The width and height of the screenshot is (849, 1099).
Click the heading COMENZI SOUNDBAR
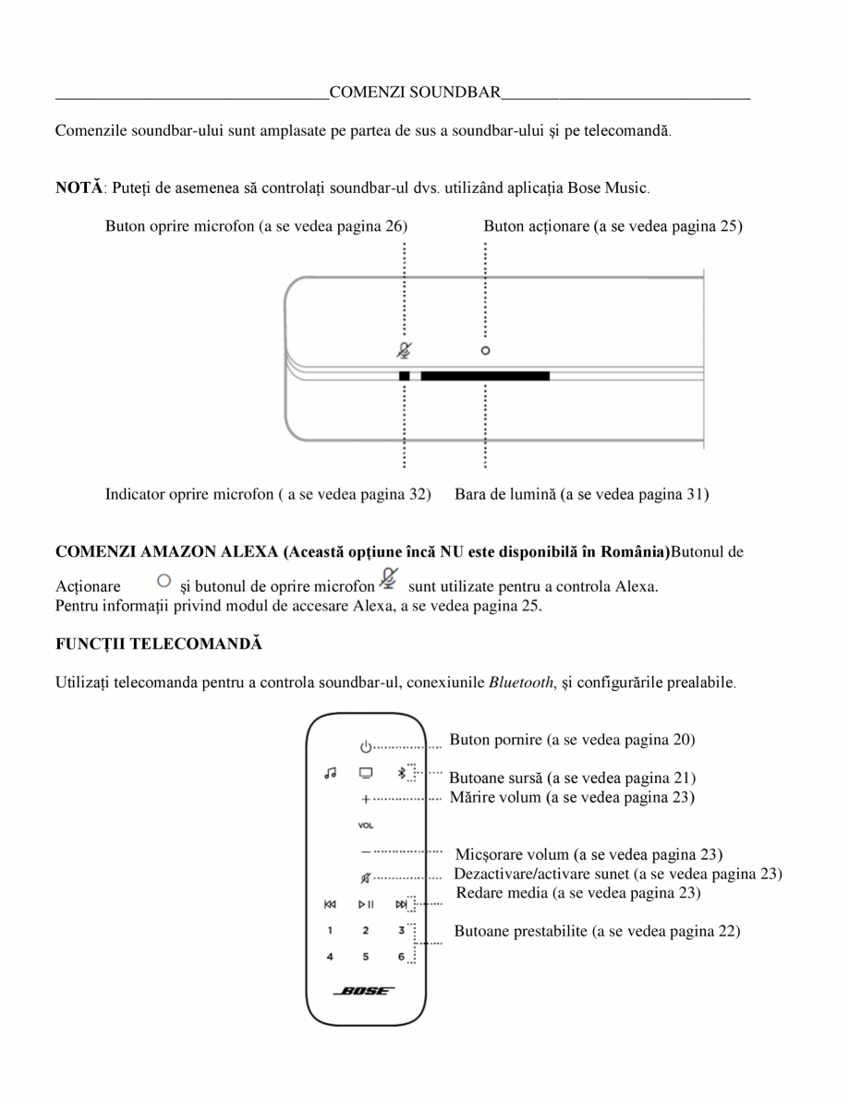pyautogui.click(x=415, y=91)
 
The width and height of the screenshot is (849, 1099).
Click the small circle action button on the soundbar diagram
pyautogui.click(x=485, y=351)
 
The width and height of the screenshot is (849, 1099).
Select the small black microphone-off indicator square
pyautogui.click(x=404, y=376)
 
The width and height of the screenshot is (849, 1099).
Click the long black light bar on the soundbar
pyautogui.click(x=484, y=376)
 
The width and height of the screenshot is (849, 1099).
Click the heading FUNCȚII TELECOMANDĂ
pyautogui.click(x=158, y=644)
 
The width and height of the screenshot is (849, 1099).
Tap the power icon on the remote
pyautogui.click(x=366, y=746)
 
